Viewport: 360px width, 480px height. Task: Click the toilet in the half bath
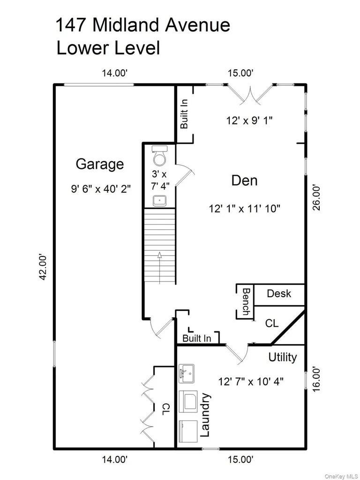160,156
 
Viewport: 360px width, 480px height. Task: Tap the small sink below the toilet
159,201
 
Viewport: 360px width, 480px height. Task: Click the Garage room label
100,164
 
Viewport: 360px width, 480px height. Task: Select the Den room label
244,180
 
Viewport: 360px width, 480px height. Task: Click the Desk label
279,293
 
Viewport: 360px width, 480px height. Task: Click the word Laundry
205,415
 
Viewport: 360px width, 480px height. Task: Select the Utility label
283,357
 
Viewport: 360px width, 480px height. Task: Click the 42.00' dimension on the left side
44,267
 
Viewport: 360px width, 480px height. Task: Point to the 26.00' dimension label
316,197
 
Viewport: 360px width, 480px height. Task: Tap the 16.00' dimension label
316,379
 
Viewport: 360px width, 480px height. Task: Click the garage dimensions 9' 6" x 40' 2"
101,189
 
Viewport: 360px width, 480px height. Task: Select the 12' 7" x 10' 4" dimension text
251,382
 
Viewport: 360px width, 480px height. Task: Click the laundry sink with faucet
186,374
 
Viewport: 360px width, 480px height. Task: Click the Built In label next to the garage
184,114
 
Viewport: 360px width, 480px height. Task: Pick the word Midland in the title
127,25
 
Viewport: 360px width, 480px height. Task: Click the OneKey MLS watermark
340,476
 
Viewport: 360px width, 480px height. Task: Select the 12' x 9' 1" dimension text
249,120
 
